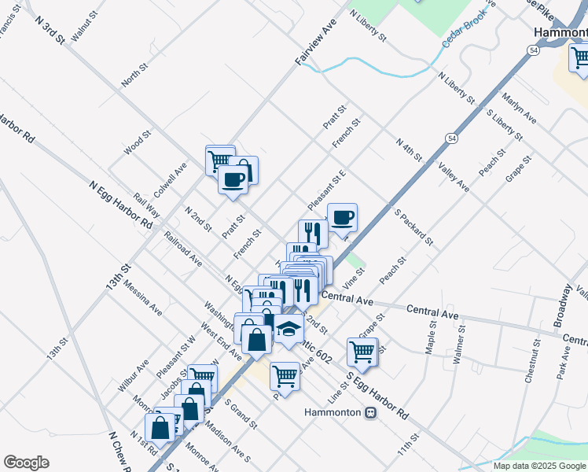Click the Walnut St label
[x=83, y=25]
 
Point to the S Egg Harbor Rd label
[x=378, y=394]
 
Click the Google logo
[x=26, y=463]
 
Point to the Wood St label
[x=137, y=144]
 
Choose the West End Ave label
[x=220, y=340]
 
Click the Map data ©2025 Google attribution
[x=540, y=466]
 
